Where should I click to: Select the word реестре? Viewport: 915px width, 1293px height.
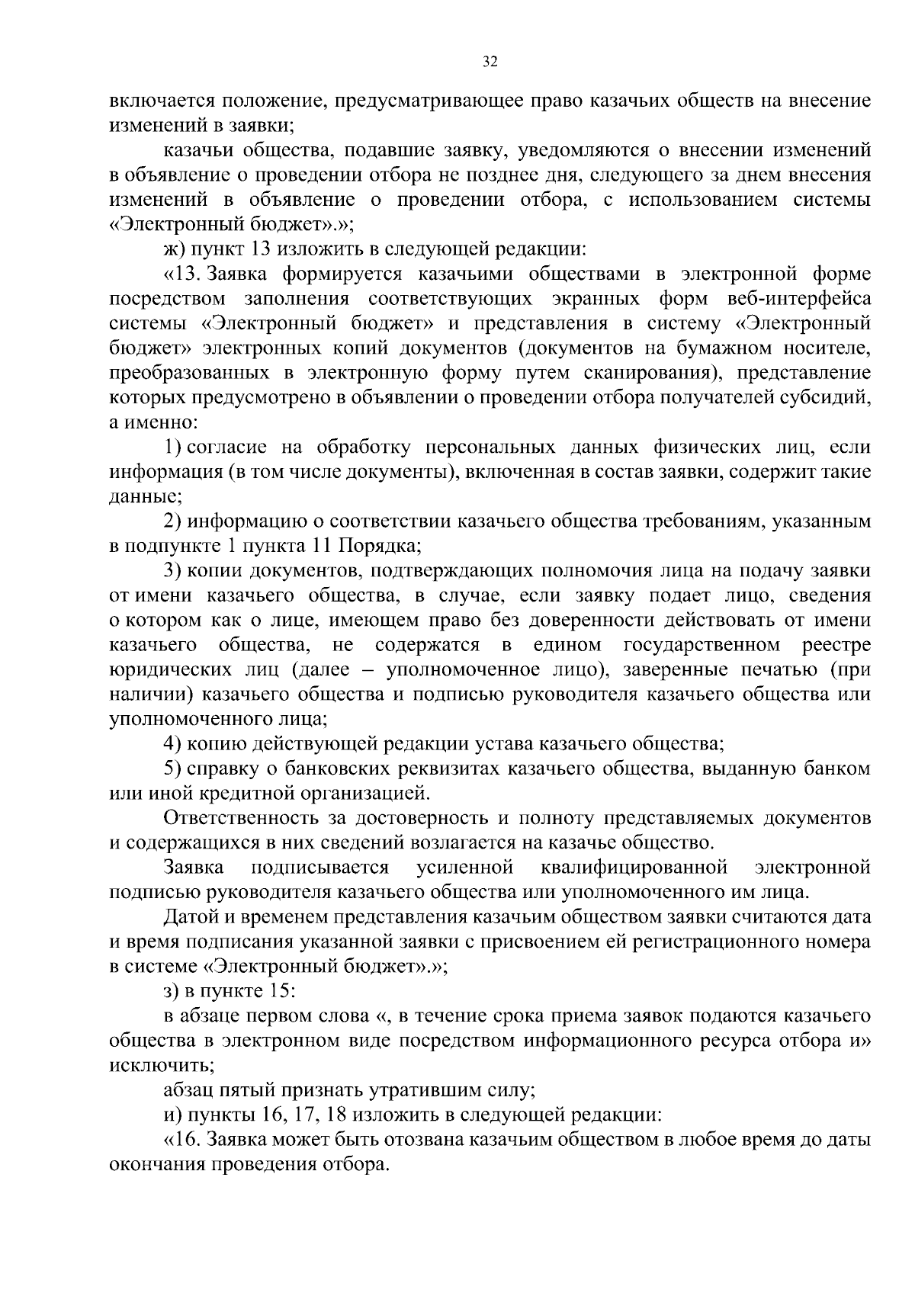point(836,646)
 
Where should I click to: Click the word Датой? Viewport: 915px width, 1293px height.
point(188,917)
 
